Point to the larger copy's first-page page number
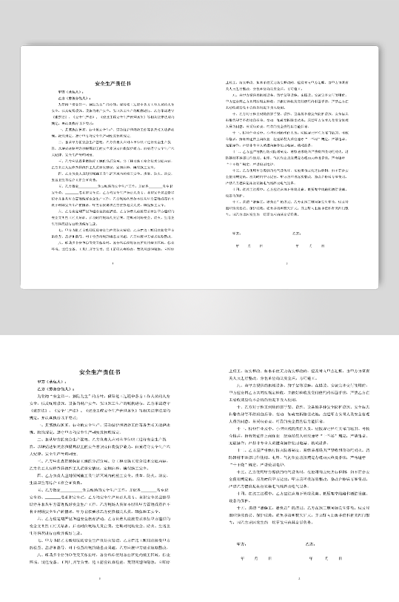coord(99,579)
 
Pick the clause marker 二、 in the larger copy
coord(41,438)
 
